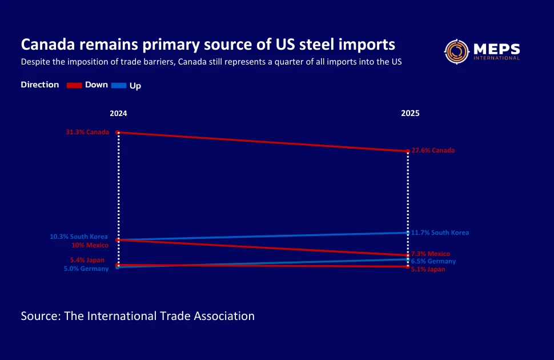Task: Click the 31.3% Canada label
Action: [87, 132]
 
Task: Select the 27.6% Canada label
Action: [433, 150]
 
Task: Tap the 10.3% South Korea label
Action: [78, 237]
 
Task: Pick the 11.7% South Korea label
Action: [440, 233]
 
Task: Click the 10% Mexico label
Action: [90, 245]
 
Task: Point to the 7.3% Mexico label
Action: [431, 254]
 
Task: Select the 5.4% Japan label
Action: [87, 260]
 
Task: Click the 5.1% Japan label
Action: [428, 269]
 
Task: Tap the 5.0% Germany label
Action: [86, 269]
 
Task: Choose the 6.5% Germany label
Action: [433, 261]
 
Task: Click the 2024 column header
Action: [118, 114]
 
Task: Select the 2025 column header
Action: [410, 114]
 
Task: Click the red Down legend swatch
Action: [75, 85]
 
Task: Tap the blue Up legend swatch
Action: [119, 85]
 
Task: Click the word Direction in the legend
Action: [40, 85]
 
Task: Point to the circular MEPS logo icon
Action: [456, 51]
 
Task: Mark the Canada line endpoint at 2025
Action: [407, 151]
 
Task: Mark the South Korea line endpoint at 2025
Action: [407, 233]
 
